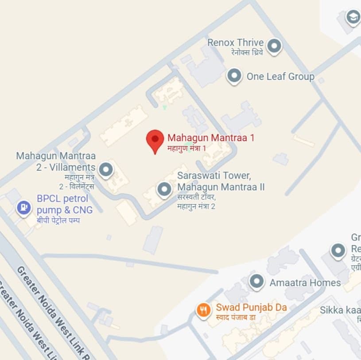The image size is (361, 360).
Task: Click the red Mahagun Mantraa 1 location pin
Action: pos(155,140)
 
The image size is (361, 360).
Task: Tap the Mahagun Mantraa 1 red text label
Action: pos(211,137)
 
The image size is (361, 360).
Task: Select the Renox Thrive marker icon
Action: pos(275,46)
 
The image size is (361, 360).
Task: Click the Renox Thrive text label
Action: pos(236,43)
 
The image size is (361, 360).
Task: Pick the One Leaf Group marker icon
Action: pos(234,76)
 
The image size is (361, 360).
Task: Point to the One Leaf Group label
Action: pos(280,76)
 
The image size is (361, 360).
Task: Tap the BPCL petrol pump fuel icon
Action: pos(23,207)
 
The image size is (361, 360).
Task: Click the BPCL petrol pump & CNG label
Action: pos(62,204)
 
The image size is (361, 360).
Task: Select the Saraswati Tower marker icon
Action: pos(165,190)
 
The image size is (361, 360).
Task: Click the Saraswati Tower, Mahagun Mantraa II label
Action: pos(221,181)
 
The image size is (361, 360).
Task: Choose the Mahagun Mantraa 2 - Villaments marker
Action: pos(105,169)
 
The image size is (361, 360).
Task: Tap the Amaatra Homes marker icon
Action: pos(256,282)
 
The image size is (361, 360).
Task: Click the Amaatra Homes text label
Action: pos(305,282)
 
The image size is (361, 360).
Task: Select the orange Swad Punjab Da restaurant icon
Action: pos(203,310)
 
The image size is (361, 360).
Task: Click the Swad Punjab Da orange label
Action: pos(251,307)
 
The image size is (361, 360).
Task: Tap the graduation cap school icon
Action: pos(353,18)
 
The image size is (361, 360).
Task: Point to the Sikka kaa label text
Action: pos(340,309)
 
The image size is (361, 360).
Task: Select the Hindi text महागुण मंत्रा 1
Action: pos(186,148)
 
